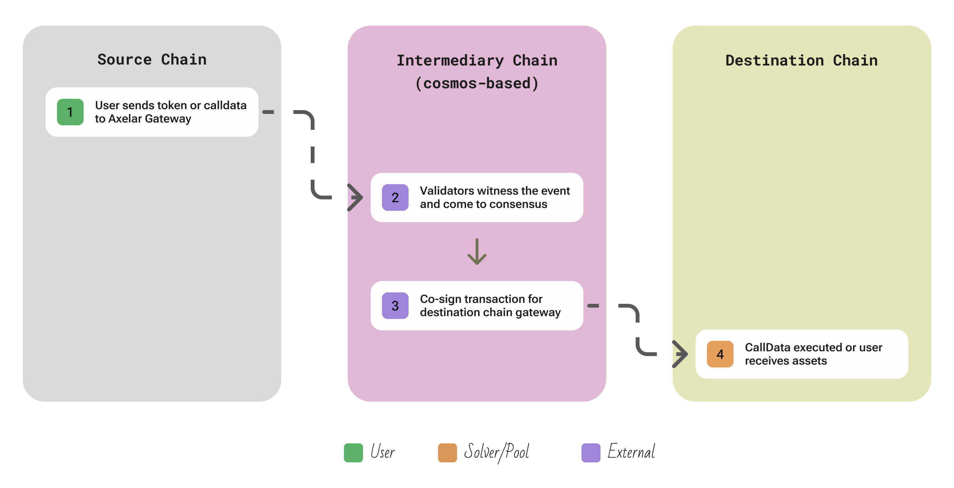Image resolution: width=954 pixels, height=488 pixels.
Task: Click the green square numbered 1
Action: coord(70,112)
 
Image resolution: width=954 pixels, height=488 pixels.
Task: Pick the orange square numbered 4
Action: coord(720,354)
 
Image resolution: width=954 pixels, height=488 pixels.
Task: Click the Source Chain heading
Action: coord(152,59)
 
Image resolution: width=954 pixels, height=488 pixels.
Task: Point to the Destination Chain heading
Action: coord(801,60)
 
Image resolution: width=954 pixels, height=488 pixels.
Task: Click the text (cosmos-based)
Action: coord(477,83)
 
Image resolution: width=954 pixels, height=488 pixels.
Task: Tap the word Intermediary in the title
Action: coord(450,60)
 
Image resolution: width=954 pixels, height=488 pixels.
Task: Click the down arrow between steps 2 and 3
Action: coord(477,252)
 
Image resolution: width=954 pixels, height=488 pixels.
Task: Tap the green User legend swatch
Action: coord(353,452)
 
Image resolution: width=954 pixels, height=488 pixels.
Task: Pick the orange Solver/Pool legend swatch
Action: coord(447,452)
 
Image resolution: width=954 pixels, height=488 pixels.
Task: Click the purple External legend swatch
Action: coord(590,452)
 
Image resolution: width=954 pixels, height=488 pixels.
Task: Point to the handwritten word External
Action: coord(631,452)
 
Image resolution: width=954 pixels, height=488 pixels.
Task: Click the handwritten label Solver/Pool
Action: coord(496,452)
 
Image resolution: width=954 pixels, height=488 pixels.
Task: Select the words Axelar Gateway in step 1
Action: coord(149,119)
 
